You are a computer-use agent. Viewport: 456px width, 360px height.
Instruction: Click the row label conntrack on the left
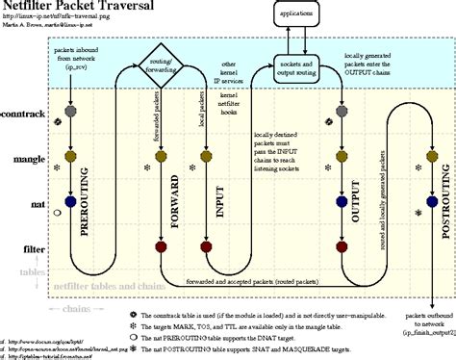point(24,115)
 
